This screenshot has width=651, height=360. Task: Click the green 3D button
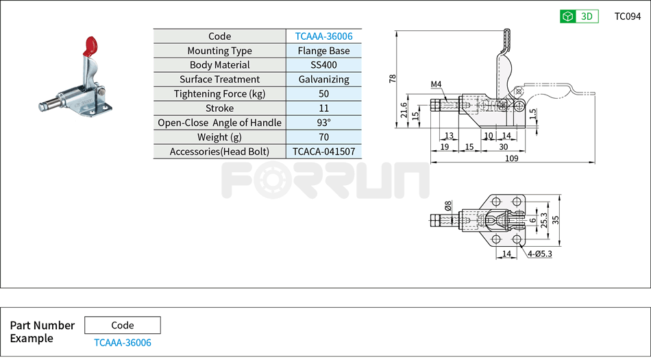click(x=579, y=16)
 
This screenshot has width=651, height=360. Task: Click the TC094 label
click(x=627, y=16)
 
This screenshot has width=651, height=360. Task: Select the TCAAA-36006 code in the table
click(x=323, y=36)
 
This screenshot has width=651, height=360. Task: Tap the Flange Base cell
click(x=323, y=51)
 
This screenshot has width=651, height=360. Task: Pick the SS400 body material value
click(x=323, y=65)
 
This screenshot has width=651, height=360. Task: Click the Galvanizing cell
click(x=323, y=80)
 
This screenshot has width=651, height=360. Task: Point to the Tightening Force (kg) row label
click(x=219, y=94)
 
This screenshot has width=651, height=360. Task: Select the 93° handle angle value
click(x=323, y=123)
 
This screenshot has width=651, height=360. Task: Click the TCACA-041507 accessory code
click(x=323, y=152)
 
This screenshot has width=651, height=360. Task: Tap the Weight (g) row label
click(x=219, y=137)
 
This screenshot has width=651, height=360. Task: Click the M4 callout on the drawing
click(x=436, y=85)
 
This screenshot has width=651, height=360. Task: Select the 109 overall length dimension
click(x=511, y=158)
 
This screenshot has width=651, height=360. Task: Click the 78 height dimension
click(x=393, y=78)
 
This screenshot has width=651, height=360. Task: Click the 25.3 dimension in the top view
click(x=544, y=219)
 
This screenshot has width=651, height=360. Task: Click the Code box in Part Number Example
click(x=123, y=325)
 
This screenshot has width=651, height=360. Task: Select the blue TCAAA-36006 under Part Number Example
click(x=123, y=343)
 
